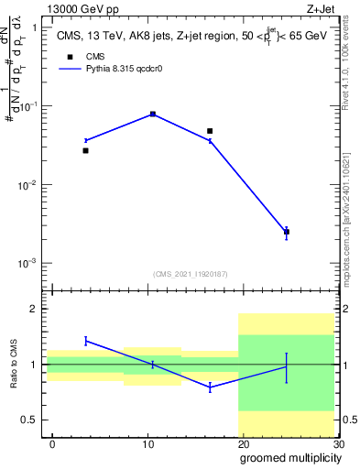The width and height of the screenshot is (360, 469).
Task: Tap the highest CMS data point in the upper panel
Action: (x=152, y=115)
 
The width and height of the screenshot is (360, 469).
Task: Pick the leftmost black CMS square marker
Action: (x=85, y=150)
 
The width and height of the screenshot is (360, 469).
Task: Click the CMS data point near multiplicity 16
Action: (x=210, y=131)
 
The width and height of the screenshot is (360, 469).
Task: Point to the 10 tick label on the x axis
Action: (x=147, y=444)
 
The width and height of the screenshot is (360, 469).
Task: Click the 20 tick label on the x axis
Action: (x=243, y=444)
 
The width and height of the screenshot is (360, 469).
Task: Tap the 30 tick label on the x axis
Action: (x=337, y=444)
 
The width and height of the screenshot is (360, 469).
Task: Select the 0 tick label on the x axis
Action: (x=52, y=444)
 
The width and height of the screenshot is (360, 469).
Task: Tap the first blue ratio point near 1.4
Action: (x=85, y=341)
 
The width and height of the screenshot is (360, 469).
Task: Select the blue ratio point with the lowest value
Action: (x=210, y=387)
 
